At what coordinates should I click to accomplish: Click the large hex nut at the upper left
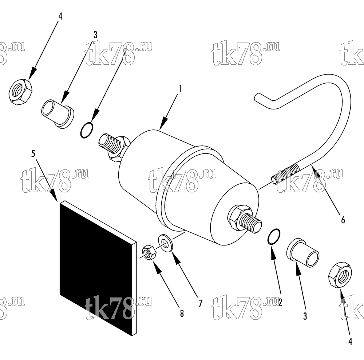click(x=20, y=92)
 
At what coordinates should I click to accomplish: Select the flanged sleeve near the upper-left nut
click(x=58, y=114)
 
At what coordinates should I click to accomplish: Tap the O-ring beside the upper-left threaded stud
click(x=87, y=130)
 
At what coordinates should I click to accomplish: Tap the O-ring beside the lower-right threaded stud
click(x=274, y=236)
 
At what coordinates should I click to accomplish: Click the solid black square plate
click(x=98, y=268)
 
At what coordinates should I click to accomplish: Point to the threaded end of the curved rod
click(x=286, y=173)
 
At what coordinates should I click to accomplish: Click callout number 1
click(x=180, y=88)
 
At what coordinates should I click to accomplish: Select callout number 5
click(x=33, y=153)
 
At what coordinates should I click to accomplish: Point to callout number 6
click(x=343, y=220)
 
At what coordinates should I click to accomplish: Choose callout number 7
click(x=200, y=303)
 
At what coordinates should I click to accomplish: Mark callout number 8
click(x=182, y=313)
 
